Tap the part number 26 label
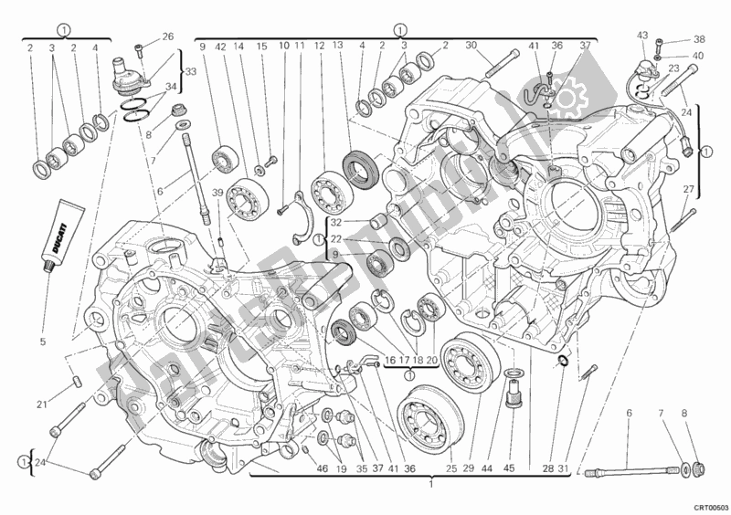[167, 37]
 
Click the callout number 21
[42, 405]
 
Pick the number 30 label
[471, 47]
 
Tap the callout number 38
[699, 40]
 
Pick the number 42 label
[220, 47]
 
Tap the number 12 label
[319, 47]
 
